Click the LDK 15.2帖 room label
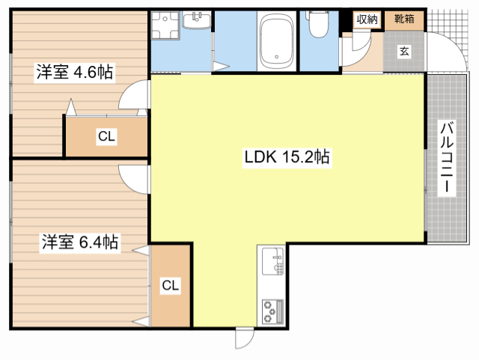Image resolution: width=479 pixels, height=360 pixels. pyautogui.click(x=287, y=157)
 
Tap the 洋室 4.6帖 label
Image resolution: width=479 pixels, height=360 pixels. pyautogui.click(x=75, y=72)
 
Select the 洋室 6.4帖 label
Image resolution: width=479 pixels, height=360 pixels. pyautogui.click(x=80, y=242)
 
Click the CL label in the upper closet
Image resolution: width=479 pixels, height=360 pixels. pyautogui.click(x=106, y=136)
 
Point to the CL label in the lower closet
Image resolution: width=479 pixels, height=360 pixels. pyautogui.click(x=170, y=285)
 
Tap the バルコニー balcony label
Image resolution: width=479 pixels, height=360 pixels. pyautogui.click(x=447, y=157)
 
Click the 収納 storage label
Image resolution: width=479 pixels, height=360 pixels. pyautogui.click(x=367, y=19)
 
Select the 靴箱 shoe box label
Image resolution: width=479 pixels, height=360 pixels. pyautogui.click(x=404, y=19)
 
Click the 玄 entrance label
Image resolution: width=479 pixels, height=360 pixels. pyautogui.click(x=404, y=52)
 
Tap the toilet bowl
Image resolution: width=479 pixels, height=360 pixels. pyautogui.click(x=318, y=24)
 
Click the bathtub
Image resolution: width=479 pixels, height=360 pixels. pyautogui.click(x=276, y=42)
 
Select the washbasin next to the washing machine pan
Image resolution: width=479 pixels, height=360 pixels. pyautogui.click(x=196, y=20)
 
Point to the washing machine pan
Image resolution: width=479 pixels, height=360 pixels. pyautogui.click(x=165, y=25)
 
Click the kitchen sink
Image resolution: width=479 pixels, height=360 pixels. pyautogui.click(x=272, y=262)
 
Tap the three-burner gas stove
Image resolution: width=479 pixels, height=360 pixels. pyautogui.click(x=272, y=311)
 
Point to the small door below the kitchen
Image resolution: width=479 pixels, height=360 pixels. pyautogui.click(x=245, y=338)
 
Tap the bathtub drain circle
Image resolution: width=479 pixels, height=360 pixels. pyautogui.click(x=276, y=57)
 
